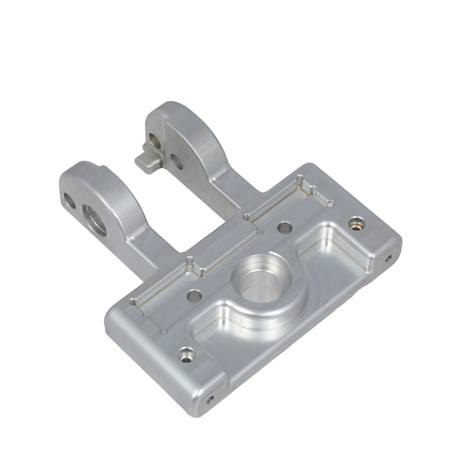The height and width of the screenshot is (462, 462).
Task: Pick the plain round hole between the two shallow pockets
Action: coord(285,228)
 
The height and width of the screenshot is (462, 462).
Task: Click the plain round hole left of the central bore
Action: coord(195,296)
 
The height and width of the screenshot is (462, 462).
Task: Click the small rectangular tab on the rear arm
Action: coord(147,160)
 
